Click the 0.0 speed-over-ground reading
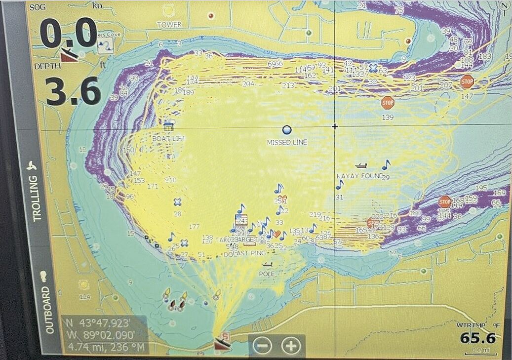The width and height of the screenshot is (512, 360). coord(68,33)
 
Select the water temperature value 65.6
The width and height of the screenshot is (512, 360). coord(477,338)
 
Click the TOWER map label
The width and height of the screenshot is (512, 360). coord(169,25)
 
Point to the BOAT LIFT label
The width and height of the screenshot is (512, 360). coord(168,139)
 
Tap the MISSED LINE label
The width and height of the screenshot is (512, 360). coord(287,142)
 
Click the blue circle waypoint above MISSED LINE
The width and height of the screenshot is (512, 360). coord(287,130)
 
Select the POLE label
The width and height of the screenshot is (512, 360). coord(267,274)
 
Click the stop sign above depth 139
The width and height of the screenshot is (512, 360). coord(388,103)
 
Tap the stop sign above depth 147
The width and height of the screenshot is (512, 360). coord(467,82)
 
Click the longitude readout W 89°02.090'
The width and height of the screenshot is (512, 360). coord(104,336)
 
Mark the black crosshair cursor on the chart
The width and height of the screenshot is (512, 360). coord(335,126)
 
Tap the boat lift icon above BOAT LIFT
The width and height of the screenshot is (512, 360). coord(169,126)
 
